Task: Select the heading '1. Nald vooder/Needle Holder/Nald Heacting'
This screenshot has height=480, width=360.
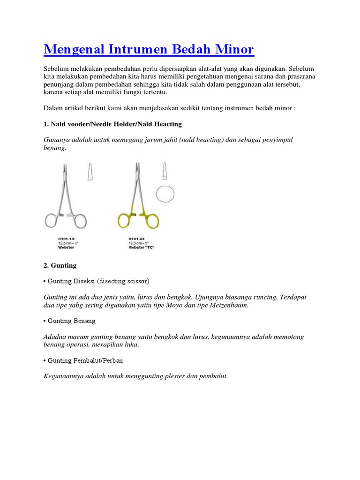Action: click(x=112, y=124)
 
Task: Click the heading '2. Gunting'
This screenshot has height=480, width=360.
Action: click(x=60, y=265)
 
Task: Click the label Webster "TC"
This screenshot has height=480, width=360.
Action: click(x=141, y=247)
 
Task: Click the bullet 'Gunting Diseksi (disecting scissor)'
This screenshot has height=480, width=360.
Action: click(x=97, y=281)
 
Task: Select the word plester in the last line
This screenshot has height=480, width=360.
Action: click(x=174, y=376)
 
